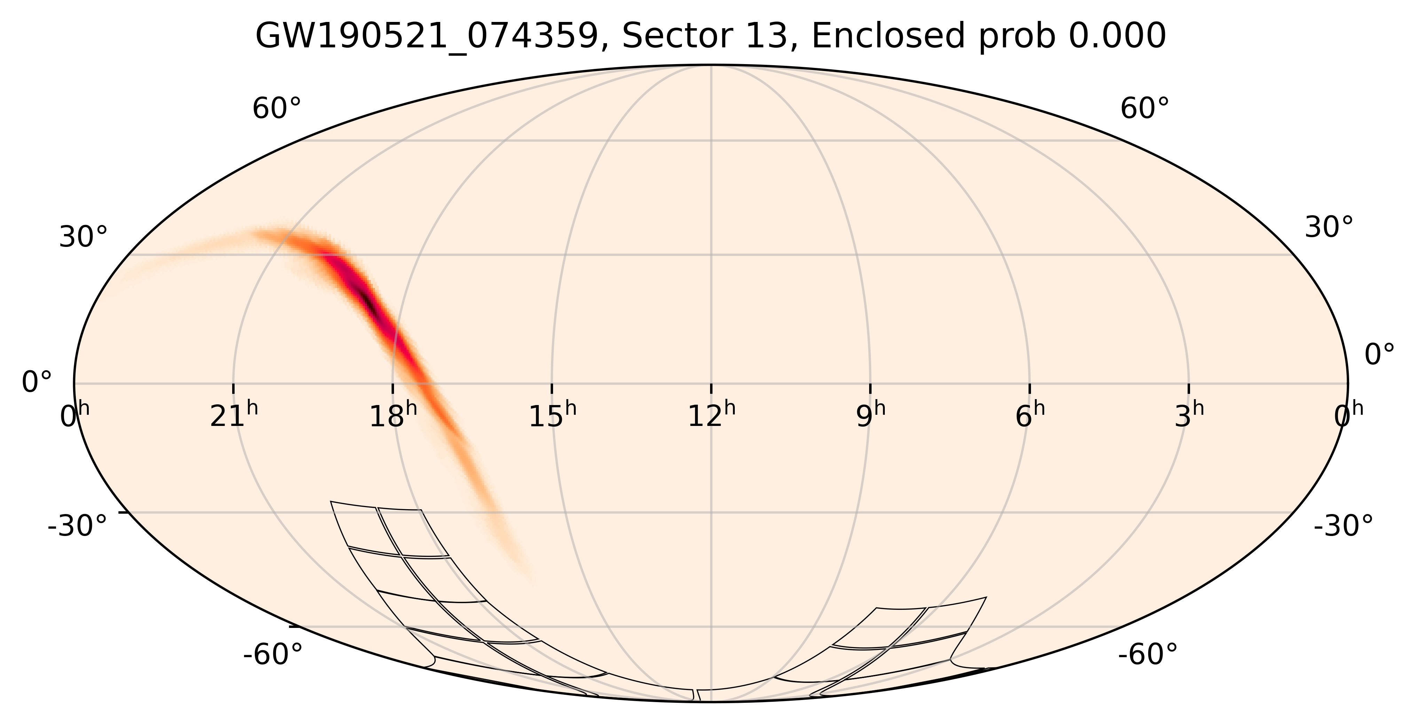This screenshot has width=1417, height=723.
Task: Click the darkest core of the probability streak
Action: pos(368,302)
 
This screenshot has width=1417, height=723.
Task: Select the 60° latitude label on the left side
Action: pos(277,109)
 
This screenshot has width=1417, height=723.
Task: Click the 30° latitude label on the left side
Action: pos(83,238)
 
